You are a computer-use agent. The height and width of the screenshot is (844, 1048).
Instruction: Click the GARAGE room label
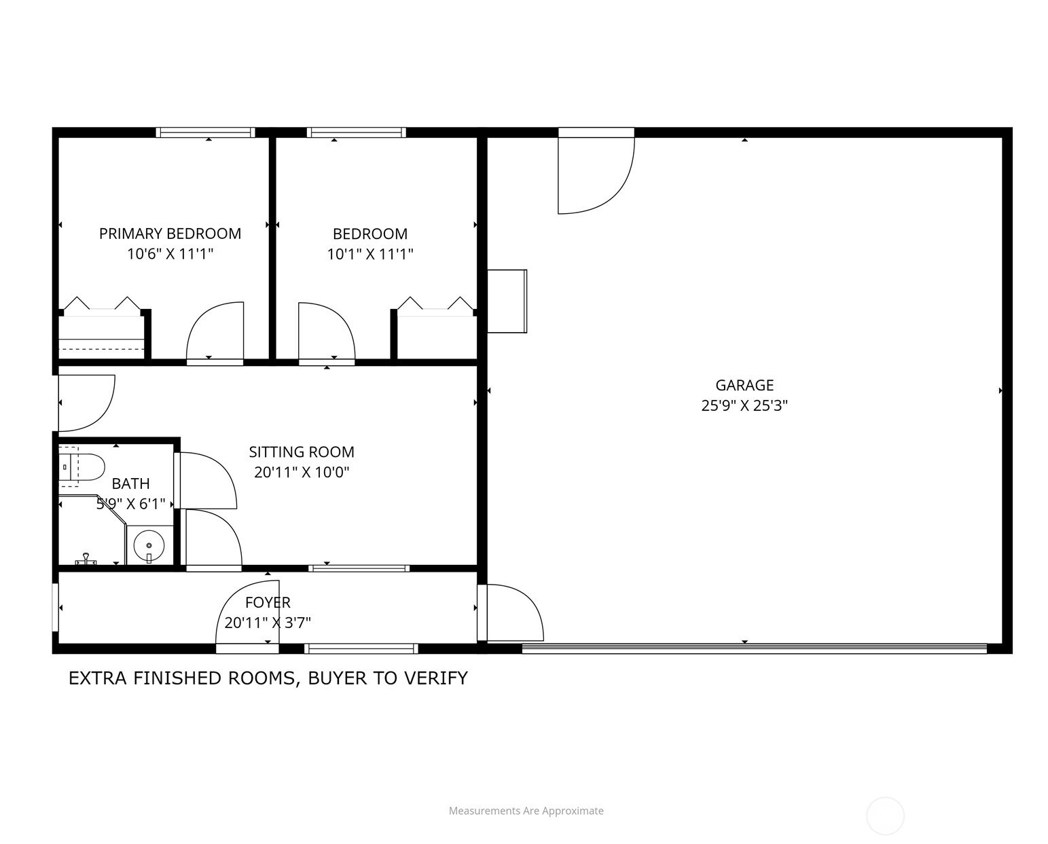tap(744, 385)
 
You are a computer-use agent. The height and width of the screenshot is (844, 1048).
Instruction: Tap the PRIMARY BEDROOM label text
tap(170, 234)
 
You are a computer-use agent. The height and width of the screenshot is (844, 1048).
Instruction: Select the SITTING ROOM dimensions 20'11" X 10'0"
tap(302, 472)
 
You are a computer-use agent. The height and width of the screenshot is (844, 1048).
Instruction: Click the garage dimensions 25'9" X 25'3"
tap(744, 405)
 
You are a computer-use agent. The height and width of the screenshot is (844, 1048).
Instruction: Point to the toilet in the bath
tap(82, 466)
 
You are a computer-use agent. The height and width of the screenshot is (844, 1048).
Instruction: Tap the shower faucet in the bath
tap(86, 559)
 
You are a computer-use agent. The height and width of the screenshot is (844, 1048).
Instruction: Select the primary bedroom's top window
tap(206, 132)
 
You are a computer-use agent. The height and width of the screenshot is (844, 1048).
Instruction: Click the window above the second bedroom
tap(356, 132)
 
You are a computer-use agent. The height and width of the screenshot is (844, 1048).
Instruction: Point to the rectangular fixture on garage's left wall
tap(507, 301)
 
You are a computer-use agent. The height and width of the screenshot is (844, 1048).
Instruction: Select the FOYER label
tap(268, 602)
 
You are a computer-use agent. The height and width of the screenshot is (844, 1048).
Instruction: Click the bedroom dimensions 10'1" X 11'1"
tap(370, 254)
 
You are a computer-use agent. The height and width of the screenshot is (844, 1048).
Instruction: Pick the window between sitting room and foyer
tap(359, 568)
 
